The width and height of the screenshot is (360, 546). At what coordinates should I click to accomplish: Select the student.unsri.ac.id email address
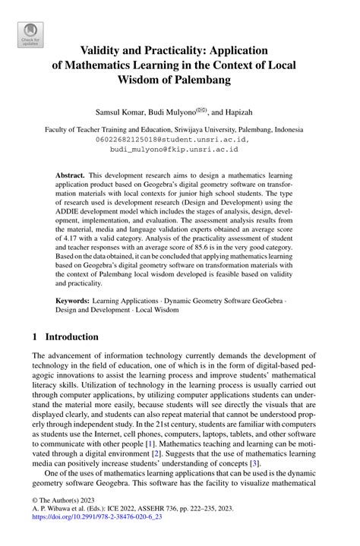180,140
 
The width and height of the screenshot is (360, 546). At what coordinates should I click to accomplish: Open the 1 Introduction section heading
65,336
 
